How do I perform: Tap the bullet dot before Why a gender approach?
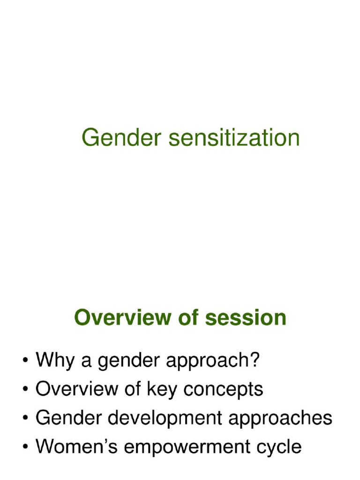[x=24, y=362]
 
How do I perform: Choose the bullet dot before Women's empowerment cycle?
[x=24, y=447]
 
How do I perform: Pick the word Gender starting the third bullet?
[x=65, y=418]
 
